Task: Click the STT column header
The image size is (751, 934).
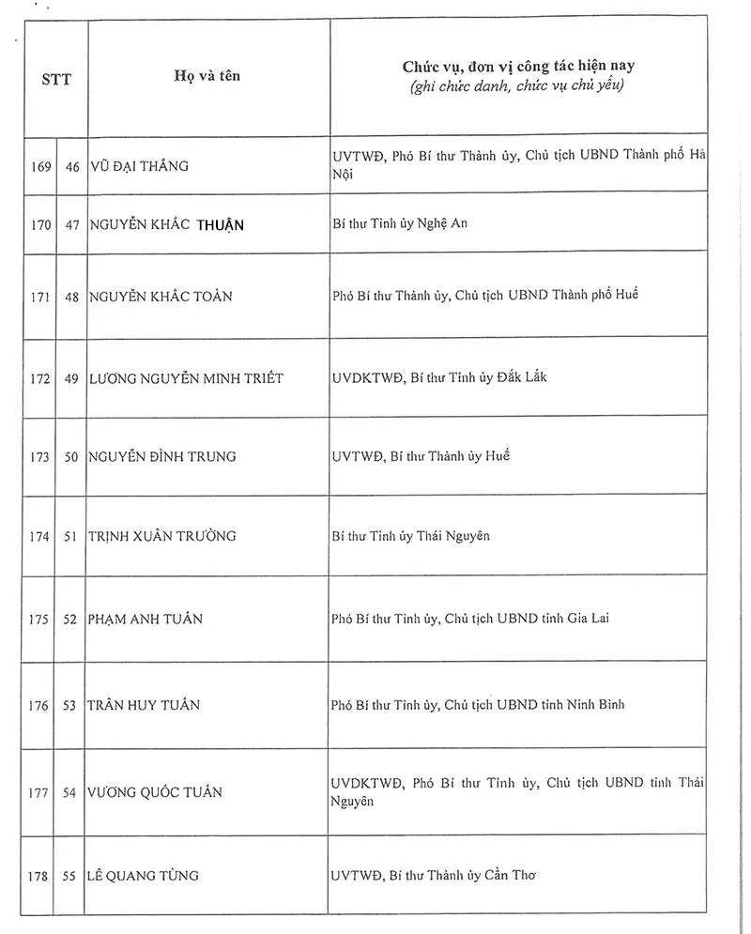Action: tap(56, 79)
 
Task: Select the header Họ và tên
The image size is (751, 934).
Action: tap(207, 75)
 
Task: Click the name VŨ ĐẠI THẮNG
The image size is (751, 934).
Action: tap(139, 166)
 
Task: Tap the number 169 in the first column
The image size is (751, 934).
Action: tap(39, 166)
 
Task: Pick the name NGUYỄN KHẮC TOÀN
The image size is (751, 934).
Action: tap(161, 296)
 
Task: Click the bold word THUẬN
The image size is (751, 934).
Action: tap(221, 224)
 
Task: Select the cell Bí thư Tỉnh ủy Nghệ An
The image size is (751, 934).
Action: tap(400, 223)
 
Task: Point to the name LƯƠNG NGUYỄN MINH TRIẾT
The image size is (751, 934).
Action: tap(186, 377)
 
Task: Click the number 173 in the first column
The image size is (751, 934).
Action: tap(39, 457)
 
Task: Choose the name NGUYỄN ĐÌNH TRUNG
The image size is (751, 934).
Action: tap(162, 457)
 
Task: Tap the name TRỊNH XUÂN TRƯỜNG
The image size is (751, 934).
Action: tap(161, 536)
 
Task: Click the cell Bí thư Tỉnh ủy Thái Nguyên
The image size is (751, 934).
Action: tap(411, 536)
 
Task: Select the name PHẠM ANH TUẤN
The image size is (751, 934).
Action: tap(146, 619)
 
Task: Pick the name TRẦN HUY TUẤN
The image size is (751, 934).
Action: tap(144, 705)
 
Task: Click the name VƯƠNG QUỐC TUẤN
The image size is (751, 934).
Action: tap(156, 792)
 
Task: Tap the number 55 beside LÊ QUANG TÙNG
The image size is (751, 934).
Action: tap(70, 876)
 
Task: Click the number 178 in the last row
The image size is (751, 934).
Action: tap(39, 876)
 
